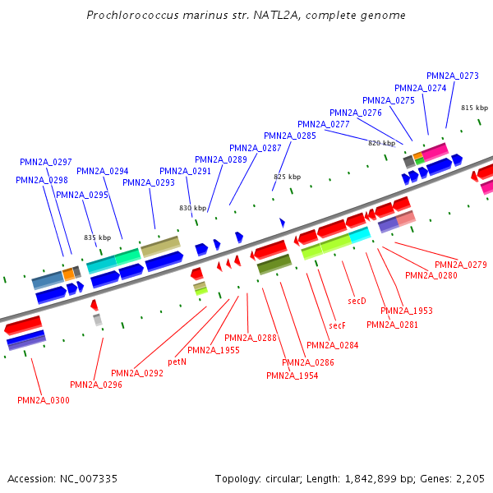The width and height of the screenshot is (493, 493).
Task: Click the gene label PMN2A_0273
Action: [x=453, y=76]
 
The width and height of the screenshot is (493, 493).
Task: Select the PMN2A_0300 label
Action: [x=44, y=400]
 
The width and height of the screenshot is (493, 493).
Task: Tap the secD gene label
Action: [x=357, y=302]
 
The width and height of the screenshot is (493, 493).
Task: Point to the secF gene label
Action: [x=337, y=325]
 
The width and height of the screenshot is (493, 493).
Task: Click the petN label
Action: [x=177, y=361]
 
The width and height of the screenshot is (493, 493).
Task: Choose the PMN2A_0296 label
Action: [x=96, y=385]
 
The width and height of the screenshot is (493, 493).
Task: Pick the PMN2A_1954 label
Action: [x=293, y=376]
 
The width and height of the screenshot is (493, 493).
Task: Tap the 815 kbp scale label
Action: [x=474, y=108]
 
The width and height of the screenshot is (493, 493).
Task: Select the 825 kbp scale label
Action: [x=287, y=177]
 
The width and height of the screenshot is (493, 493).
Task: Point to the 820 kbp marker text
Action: [x=381, y=142]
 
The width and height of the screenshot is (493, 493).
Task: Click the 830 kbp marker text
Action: [x=192, y=208]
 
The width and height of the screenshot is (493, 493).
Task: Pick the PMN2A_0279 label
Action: [x=461, y=265]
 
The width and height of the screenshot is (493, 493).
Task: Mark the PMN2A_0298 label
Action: [x=42, y=180]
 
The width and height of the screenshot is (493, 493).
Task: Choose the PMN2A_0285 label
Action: [x=290, y=136]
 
